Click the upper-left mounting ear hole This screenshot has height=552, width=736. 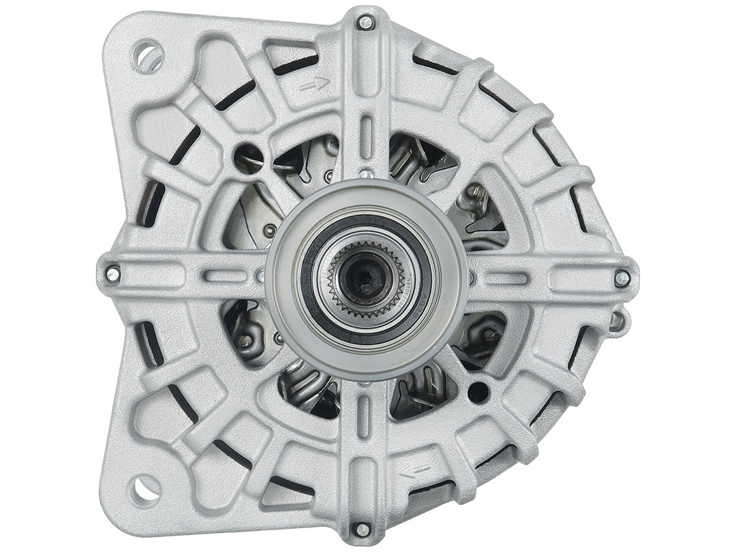149,57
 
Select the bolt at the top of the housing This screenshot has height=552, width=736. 366,22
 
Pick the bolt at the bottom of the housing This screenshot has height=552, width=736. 363,530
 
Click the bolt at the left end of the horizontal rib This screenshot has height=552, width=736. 112,274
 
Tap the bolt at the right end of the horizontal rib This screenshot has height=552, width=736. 622,277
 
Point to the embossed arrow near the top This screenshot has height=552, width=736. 314,84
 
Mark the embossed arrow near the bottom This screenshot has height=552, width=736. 414,471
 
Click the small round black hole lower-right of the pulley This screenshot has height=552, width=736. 478,392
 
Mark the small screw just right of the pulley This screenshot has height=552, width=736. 471,277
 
